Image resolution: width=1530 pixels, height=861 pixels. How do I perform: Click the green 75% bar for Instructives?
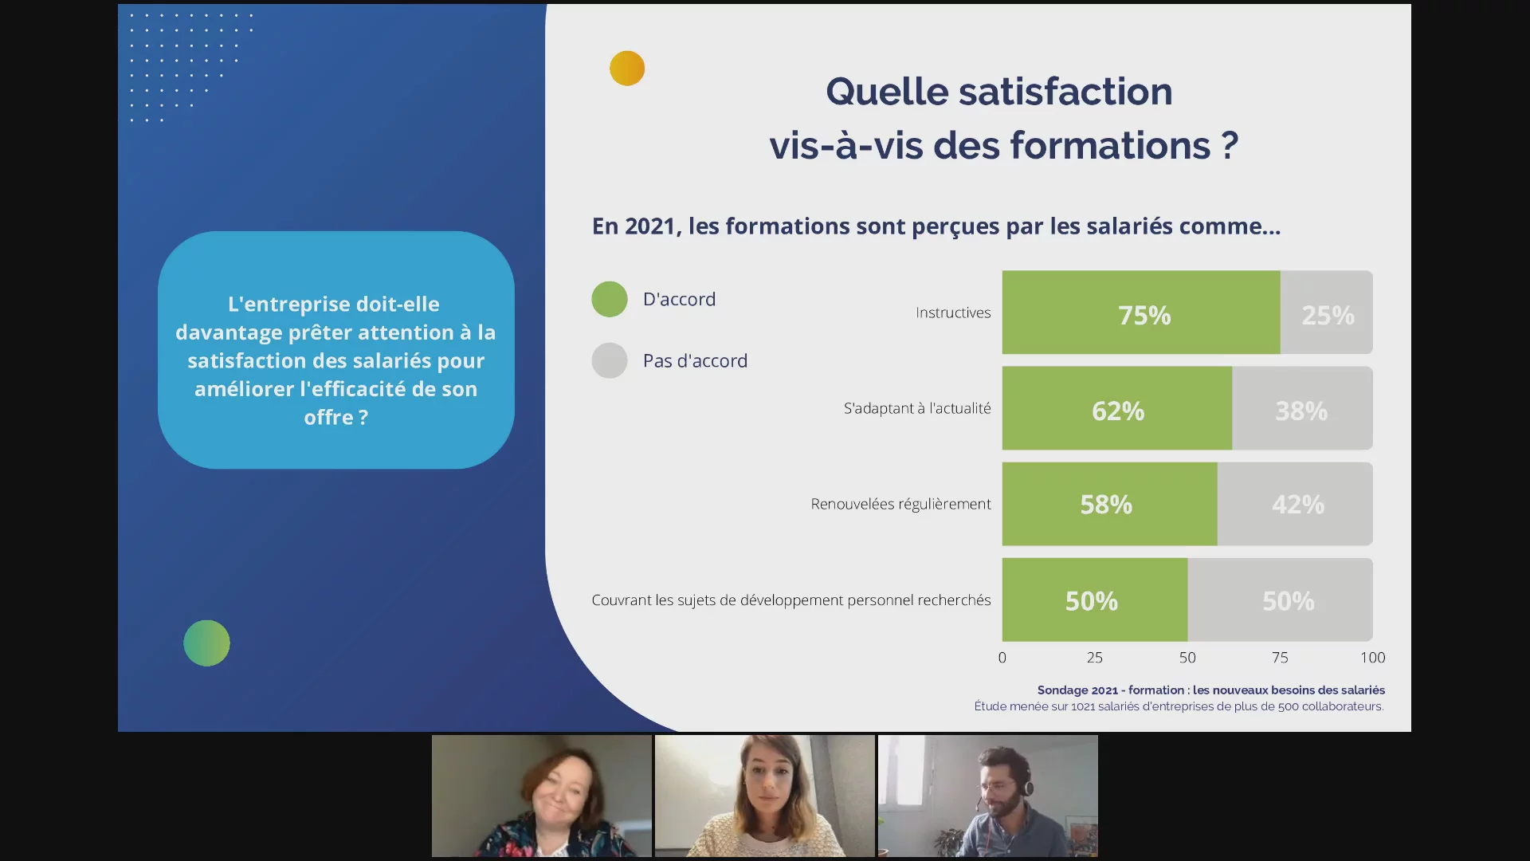point(1141,313)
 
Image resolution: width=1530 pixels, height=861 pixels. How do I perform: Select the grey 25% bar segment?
point(1327,313)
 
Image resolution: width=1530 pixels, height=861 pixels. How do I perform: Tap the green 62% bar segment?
point(1117,408)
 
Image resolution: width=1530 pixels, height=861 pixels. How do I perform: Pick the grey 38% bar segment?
point(1302,408)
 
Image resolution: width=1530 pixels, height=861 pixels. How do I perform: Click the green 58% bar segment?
point(1109,504)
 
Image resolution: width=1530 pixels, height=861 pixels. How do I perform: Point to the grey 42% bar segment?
point(1295,504)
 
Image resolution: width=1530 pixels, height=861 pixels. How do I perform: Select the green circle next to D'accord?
point(610,300)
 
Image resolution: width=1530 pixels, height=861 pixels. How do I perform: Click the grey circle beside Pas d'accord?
point(610,360)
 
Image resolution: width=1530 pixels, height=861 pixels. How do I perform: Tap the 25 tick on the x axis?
point(1095,658)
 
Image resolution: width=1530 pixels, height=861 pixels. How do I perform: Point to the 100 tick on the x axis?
point(1372,658)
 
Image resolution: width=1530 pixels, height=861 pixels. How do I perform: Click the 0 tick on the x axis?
point(1002,658)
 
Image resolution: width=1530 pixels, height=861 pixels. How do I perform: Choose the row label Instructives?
point(953,313)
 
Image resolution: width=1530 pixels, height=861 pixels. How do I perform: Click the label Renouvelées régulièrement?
point(900,504)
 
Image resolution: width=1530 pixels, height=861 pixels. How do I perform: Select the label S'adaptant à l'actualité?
point(917,408)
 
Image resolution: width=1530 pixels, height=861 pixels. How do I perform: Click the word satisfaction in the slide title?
point(1065,91)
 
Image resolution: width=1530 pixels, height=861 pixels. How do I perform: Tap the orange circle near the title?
point(627,69)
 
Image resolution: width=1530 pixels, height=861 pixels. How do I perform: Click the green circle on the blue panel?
point(206,643)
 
